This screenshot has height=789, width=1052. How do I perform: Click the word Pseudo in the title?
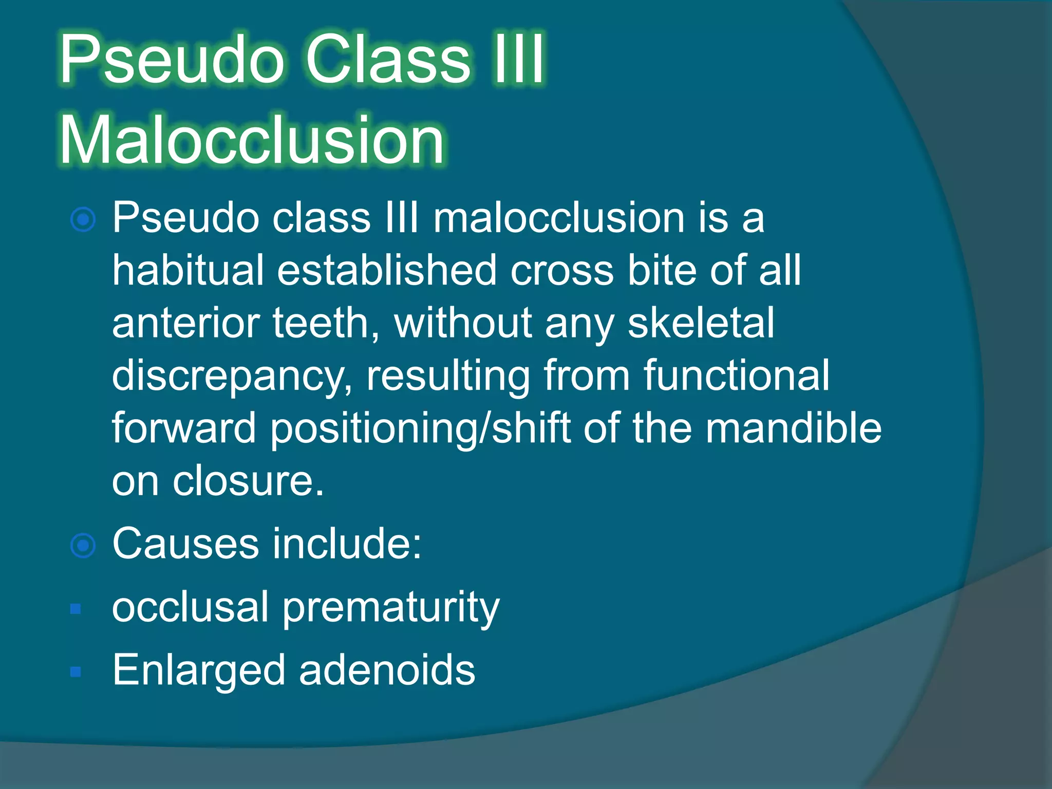pos(172,59)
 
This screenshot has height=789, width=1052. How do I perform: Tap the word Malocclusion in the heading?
pos(252,140)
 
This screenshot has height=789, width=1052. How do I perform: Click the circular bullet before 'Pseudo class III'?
pos(83,220)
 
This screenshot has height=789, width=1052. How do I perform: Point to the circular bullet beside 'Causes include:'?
pos(83,546)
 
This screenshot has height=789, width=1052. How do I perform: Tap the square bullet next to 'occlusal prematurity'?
pos(76,609)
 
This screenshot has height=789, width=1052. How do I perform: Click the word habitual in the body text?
pos(188,270)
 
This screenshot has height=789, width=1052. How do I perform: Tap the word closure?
pos(249,481)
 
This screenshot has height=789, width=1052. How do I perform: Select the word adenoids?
pos(387,670)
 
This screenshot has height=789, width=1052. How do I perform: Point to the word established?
pos(387,270)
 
